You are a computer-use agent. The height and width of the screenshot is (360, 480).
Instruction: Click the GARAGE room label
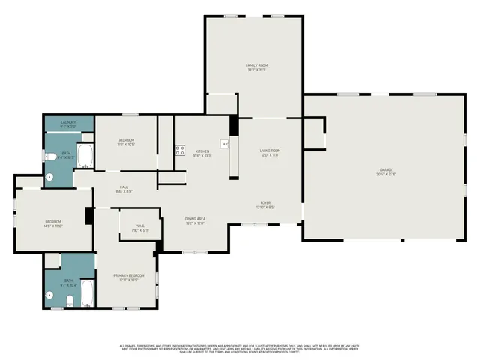[x=385, y=170]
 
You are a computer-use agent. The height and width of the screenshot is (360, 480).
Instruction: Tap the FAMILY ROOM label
[x=256, y=65]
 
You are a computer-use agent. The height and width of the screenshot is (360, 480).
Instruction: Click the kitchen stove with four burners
[x=180, y=149]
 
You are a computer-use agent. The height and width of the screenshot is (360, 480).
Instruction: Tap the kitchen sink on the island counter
[x=224, y=142]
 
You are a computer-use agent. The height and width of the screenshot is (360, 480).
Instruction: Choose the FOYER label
[x=265, y=202]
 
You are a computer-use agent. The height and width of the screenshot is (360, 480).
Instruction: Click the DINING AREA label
[x=196, y=218]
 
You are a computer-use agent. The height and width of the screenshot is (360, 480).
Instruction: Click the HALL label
[x=124, y=187]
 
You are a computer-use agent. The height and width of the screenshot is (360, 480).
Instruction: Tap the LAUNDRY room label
[x=68, y=122]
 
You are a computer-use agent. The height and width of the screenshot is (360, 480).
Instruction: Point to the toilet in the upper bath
[x=49, y=157]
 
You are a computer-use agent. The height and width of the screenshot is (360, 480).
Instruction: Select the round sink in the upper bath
[x=49, y=178]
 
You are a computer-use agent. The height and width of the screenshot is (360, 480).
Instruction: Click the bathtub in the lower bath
[x=86, y=293]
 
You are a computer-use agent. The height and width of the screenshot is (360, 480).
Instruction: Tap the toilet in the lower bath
[x=68, y=301]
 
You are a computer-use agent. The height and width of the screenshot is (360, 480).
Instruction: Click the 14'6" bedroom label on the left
[x=52, y=221]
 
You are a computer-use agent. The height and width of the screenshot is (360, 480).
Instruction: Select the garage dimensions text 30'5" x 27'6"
[x=385, y=175]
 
